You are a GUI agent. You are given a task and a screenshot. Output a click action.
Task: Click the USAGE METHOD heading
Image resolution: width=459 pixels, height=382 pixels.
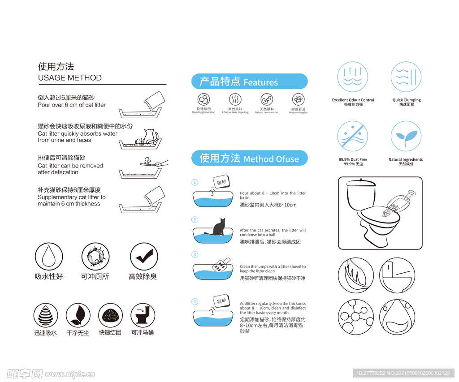click(69, 78)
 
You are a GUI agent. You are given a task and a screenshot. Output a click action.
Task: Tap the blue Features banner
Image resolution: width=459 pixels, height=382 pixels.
click(249, 82)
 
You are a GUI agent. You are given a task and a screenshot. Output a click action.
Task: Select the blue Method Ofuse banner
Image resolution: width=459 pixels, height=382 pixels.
click(249, 158)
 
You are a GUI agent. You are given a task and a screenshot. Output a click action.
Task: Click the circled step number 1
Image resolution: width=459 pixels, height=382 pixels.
click(195, 182)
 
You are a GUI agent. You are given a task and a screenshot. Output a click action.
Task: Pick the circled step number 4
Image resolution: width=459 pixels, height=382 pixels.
click(195, 301)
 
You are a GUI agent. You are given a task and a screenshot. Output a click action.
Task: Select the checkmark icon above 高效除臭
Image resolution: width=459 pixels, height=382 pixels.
click(144, 257)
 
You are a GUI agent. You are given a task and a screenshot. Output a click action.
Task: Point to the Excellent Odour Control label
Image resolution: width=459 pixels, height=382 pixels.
click(353, 100)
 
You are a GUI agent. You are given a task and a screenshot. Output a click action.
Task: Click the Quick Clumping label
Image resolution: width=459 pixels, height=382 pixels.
click(407, 100)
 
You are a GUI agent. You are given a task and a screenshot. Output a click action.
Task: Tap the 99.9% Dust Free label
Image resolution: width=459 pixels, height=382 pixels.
click(353, 159)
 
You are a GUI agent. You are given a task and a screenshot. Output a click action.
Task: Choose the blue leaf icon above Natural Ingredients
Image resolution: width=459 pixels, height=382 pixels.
click(406, 136)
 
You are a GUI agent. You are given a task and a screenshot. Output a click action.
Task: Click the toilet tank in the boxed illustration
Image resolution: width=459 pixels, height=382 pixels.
click(360, 195)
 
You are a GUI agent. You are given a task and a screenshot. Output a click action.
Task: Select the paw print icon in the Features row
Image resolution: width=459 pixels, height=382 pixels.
click(299, 99)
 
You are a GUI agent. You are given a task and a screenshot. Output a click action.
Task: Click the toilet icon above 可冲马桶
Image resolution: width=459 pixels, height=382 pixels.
click(143, 315)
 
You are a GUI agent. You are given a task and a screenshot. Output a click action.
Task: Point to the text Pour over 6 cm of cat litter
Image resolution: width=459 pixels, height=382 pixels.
click(72, 105)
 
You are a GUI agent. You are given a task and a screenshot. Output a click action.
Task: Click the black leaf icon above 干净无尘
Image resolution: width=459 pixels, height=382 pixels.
click(78, 315)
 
